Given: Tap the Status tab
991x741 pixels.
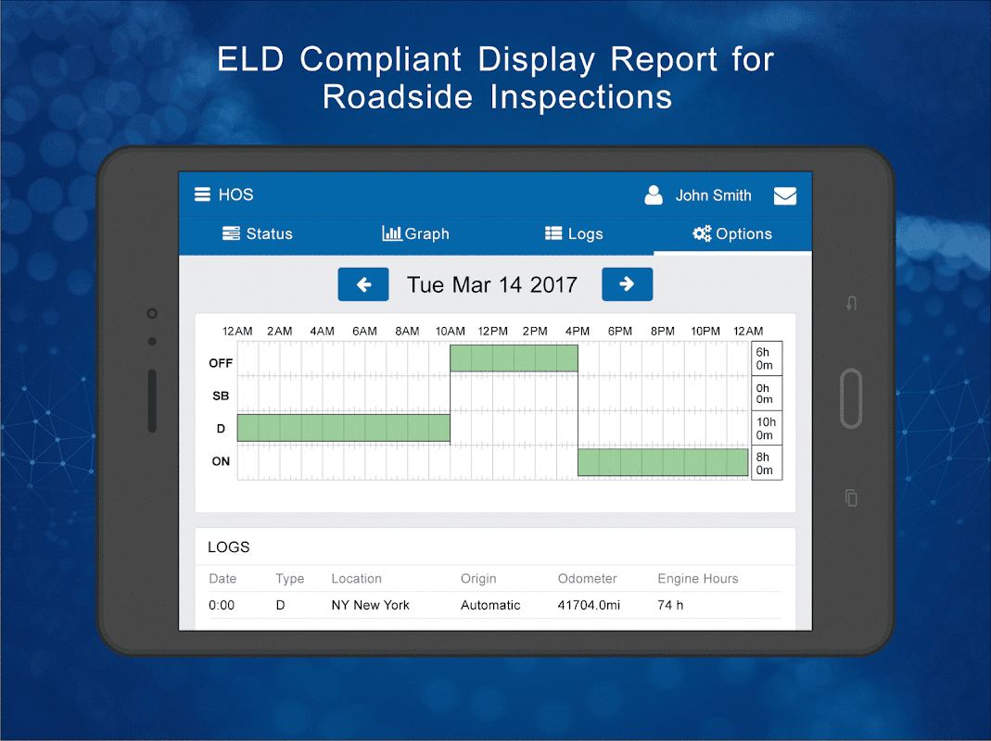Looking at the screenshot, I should (258, 234).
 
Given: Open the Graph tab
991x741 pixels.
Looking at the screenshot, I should (415, 234).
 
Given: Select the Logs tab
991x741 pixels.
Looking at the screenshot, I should (574, 234).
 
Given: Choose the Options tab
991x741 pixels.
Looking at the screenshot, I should (732, 234).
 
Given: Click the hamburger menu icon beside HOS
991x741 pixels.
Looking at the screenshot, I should (202, 195).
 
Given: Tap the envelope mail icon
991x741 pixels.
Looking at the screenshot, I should (785, 195).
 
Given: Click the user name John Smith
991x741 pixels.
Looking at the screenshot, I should (713, 195).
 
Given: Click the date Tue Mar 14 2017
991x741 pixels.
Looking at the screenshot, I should (492, 284).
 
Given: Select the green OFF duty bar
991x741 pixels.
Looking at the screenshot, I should (514, 358).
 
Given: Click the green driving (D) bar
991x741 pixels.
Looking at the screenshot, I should (343, 428).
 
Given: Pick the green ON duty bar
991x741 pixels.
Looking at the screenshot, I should (663, 462).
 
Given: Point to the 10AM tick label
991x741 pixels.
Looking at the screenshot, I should (450, 332).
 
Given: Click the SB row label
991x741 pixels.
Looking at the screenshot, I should (221, 396).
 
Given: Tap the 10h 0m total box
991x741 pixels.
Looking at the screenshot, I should (766, 429).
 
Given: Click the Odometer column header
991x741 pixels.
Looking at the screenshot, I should (587, 579).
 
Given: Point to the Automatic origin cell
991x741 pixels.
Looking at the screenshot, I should (490, 606).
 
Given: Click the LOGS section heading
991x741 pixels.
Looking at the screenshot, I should (229, 547).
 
